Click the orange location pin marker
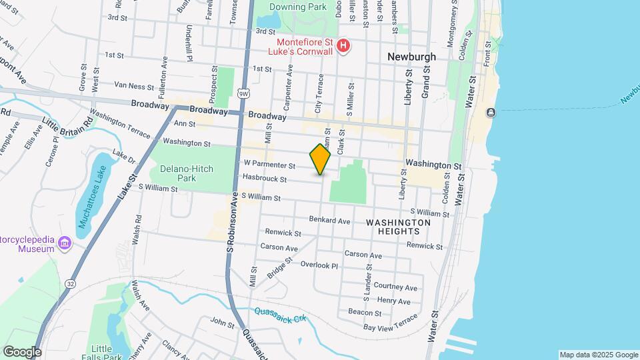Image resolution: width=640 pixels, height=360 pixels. pyautogui.click(x=321, y=159)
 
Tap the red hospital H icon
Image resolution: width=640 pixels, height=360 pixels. pyautogui.click(x=343, y=45)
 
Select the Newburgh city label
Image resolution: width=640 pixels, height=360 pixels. pyautogui.click(x=412, y=57)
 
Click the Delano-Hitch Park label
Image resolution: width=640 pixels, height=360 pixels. pyautogui.click(x=182, y=173)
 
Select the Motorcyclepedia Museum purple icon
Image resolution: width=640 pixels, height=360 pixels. pyautogui.click(x=65, y=243)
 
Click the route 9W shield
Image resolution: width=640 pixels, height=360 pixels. pyautogui.click(x=245, y=94)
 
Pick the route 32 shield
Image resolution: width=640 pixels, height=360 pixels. pyautogui.click(x=71, y=283)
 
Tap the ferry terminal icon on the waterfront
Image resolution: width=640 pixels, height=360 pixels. pyautogui.click(x=491, y=112)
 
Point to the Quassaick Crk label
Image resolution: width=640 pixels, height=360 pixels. pyautogui.click(x=279, y=314)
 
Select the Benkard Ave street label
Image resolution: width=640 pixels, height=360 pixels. pyautogui.click(x=329, y=221)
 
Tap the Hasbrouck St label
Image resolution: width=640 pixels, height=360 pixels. pyautogui.click(x=265, y=179)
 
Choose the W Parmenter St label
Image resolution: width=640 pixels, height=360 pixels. pyautogui.click(x=269, y=164)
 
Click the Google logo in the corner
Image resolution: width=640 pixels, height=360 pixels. pyautogui.click(x=22, y=352)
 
